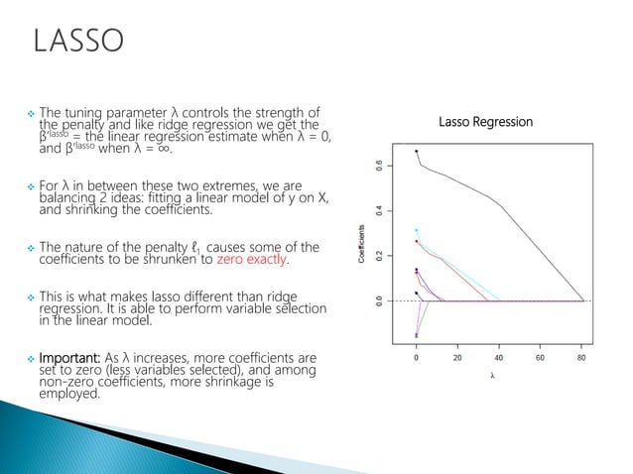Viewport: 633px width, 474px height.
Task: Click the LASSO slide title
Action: click(78, 42)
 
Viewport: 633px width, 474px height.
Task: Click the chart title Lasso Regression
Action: click(486, 122)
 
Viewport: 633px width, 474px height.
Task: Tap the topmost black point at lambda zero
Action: click(416, 151)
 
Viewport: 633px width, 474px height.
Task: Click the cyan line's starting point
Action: click(416, 230)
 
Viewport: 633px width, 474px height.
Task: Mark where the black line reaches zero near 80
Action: click(582, 300)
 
